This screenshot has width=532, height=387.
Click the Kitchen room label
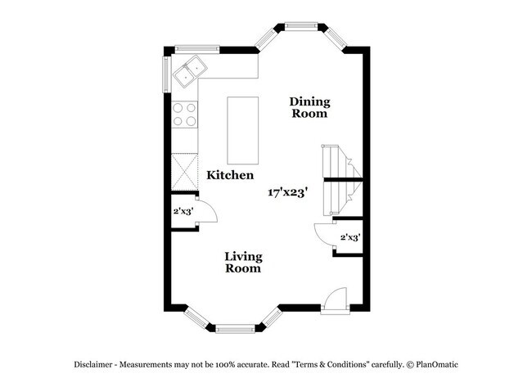click(230, 175)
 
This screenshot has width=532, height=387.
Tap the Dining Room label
click(309, 107)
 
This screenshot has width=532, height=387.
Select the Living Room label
click(243, 262)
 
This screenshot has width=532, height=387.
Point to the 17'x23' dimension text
click(288, 192)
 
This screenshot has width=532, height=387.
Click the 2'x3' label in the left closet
click(183, 211)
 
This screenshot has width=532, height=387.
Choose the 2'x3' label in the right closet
click(350, 237)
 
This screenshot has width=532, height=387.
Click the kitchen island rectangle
click(242, 131)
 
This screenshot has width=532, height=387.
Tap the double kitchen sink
click(190, 71)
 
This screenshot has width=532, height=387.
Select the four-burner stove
click(185, 115)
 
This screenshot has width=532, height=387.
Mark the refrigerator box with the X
click(185, 172)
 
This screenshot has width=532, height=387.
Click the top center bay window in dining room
click(301, 25)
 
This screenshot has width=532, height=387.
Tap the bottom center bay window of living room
click(235, 329)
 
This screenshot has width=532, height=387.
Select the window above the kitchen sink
click(197, 49)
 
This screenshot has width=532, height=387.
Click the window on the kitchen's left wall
click(166, 74)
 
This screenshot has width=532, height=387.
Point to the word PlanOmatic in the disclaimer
click(437, 365)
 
